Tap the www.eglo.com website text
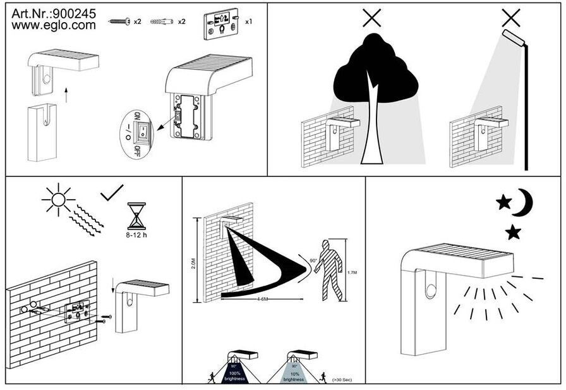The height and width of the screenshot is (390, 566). pyautogui.click(x=54, y=26)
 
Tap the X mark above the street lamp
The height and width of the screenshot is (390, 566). pyautogui.click(x=510, y=17)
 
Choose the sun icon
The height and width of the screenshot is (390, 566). pyautogui.click(x=57, y=200)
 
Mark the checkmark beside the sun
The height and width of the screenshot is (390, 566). pyautogui.click(x=112, y=192)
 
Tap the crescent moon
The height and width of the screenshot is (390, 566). pyautogui.click(x=523, y=203)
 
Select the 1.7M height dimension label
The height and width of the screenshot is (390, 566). pyautogui.click(x=352, y=272)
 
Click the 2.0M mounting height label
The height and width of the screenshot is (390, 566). pyautogui.click(x=193, y=259)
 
